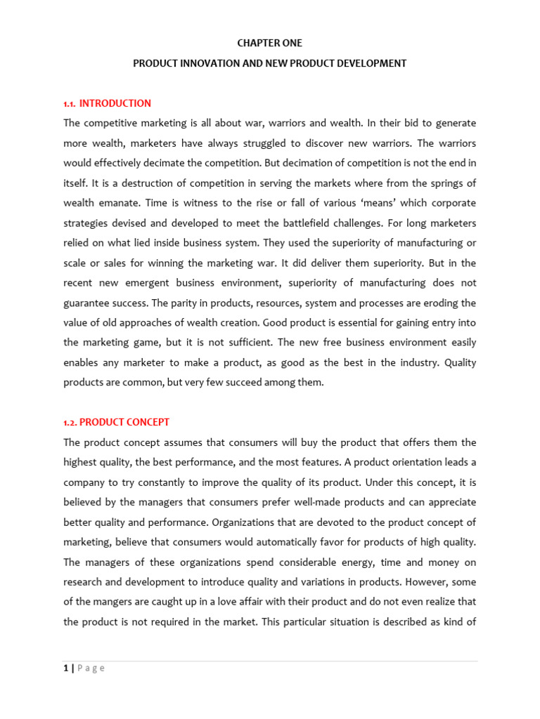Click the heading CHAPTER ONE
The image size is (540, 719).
click(x=270, y=43)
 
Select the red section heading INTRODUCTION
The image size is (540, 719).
click(x=115, y=103)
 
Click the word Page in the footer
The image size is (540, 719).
click(x=91, y=668)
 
